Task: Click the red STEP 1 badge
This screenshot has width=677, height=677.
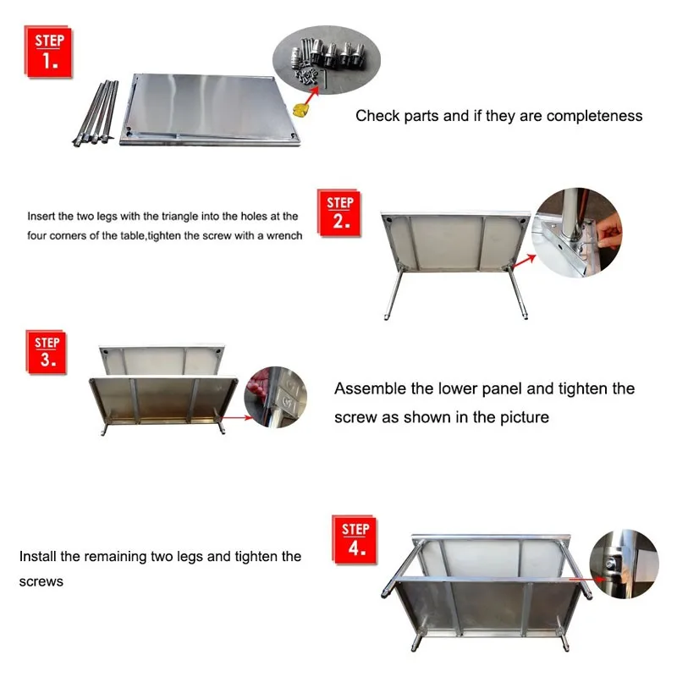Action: [48, 52]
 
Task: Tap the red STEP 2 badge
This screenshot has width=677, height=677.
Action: [339, 213]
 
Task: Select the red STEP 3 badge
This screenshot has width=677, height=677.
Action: [47, 352]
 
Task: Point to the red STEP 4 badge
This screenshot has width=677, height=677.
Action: [355, 540]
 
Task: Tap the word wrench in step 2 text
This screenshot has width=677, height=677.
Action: [284, 236]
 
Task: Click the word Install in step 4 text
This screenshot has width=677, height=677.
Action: [37, 557]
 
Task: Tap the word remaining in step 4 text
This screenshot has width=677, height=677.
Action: [115, 557]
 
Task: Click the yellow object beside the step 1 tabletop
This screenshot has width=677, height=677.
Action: [299, 110]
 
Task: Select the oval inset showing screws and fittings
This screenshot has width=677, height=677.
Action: [326, 59]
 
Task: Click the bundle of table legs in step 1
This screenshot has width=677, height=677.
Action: [96, 113]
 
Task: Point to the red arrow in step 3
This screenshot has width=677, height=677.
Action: [236, 417]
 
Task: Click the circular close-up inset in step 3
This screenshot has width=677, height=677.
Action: [276, 397]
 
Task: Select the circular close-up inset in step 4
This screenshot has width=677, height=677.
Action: [624, 564]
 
